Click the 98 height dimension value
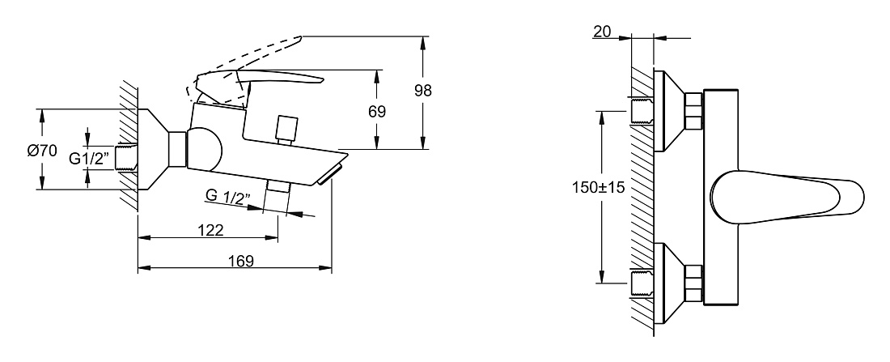[423, 91]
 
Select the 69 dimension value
[377, 112]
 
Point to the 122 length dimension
[210, 230]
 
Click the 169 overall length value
[240, 261]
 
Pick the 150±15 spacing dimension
[598, 188]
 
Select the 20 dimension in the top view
[602, 32]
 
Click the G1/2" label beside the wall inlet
[89, 159]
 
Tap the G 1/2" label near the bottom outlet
[227, 197]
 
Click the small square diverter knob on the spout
[286, 130]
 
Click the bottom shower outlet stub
[278, 195]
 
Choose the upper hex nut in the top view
[693, 111]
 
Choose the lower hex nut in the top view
[693, 283]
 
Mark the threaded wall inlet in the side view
[126, 158]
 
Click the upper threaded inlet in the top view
[642, 110]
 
